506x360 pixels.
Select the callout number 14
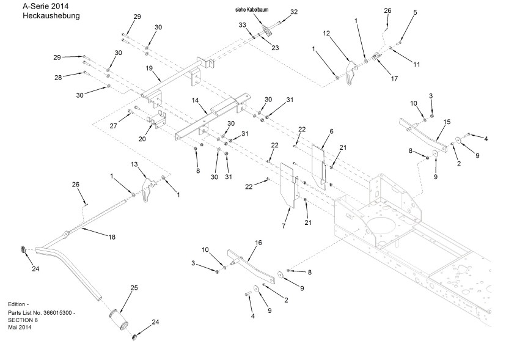[x=195, y=99]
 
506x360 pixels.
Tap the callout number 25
[x=134, y=287]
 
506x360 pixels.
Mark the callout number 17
[x=394, y=78]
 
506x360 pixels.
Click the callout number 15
[x=447, y=122]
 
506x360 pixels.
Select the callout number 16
[x=258, y=243]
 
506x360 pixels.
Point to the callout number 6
[x=331, y=131]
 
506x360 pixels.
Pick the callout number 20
[x=142, y=139]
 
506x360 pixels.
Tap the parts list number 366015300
[x=60, y=312]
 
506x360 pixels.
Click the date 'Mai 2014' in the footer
[x=20, y=328]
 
